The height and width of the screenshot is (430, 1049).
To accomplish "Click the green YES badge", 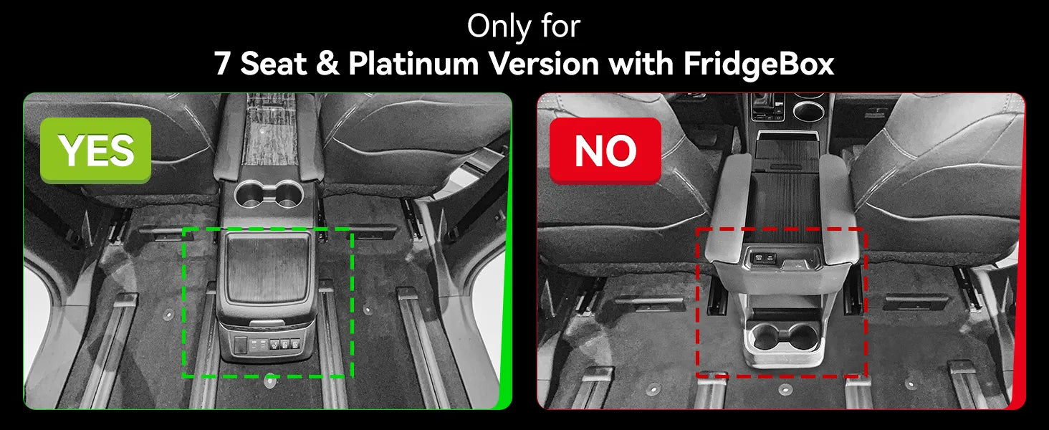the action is pyautogui.click(x=95, y=150).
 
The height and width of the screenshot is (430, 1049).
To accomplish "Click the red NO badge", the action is pyautogui.click(x=605, y=150).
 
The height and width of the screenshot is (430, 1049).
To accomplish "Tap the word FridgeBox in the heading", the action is pyautogui.click(x=759, y=64).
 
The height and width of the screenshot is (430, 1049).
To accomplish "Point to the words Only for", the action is pyautogui.click(x=524, y=27).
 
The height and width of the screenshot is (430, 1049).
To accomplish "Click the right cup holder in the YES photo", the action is pyautogui.click(x=287, y=195).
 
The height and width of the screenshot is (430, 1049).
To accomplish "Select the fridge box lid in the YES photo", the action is pyautogui.click(x=267, y=267).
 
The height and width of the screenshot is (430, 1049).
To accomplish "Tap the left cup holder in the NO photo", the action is pyautogui.click(x=763, y=338).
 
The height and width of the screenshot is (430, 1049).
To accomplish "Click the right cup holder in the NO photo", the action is pyautogui.click(x=802, y=338).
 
